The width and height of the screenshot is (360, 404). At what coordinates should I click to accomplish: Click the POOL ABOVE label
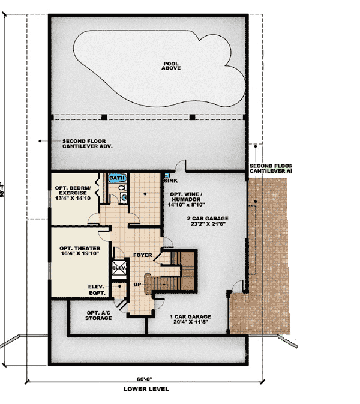pos(171,66)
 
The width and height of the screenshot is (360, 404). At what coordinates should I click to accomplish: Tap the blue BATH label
pos(116,178)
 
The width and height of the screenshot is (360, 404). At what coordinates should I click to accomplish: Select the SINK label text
pos(170,180)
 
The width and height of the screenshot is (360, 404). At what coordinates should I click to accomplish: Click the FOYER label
pos(142,255)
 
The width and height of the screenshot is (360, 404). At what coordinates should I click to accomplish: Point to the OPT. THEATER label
pos(79,248)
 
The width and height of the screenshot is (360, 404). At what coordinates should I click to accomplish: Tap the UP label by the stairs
pos(137,285)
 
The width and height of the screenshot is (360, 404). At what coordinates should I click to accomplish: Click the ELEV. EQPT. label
pos(97,289)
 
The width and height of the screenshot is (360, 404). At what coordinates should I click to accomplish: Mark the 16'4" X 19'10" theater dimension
pos(79,253)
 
